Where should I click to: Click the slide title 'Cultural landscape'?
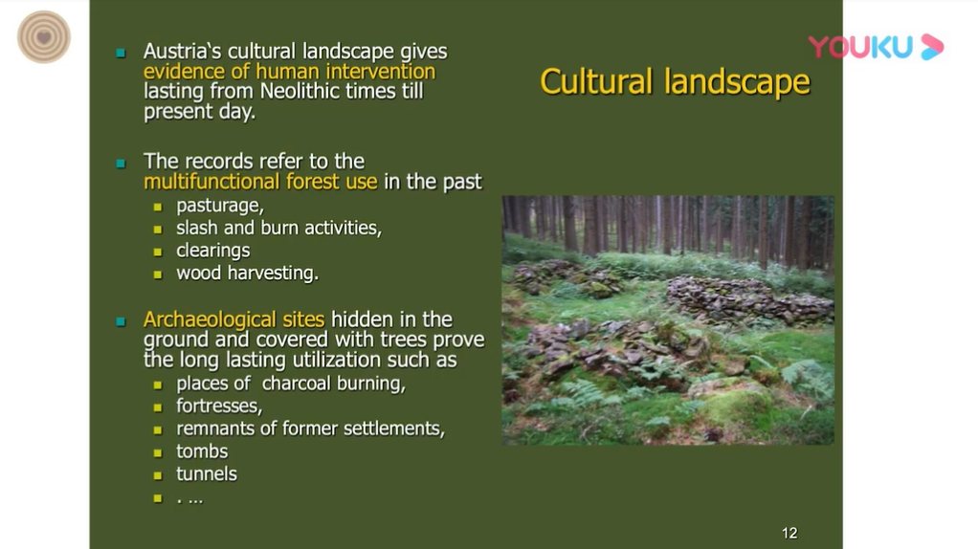click(675, 81)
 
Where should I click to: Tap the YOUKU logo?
click(876, 48)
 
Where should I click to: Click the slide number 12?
click(789, 533)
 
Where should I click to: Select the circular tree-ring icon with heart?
click(44, 36)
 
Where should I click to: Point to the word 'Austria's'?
click(182, 51)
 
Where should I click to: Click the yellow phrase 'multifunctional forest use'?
click(260, 182)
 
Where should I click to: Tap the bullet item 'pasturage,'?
click(219, 206)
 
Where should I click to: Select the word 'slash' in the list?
click(197, 228)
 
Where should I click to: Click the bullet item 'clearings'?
click(212, 251)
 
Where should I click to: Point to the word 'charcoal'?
click(297, 384)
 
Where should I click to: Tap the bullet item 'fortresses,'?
click(219, 406)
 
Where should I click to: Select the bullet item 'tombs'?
click(202, 451)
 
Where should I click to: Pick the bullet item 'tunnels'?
click(207, 474)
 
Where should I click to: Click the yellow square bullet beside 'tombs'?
click(158, 452)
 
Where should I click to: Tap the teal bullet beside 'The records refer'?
click(121, 164)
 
